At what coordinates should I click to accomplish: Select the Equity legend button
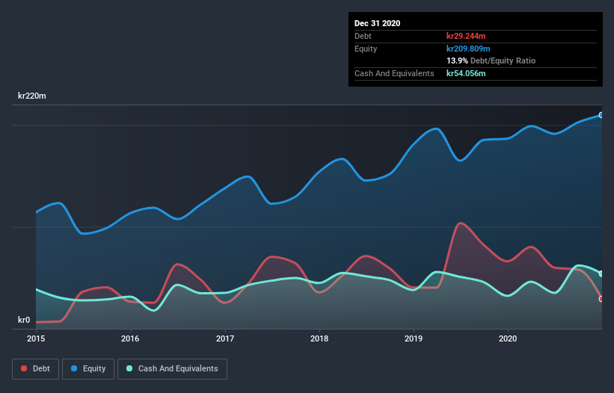pyautogui.click(x=88, y=368)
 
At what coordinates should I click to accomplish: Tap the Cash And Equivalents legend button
pyautogui.click(x=172, y=368)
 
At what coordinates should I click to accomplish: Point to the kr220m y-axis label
pyautogui.click(x=34, y=96)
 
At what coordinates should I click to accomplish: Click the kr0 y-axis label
pyautogui.click(x=25, y=321)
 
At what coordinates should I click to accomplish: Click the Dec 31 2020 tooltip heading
pyautogui.click(x=378, y=23)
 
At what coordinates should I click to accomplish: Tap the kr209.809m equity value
pyautogui.click(x=468, y=49)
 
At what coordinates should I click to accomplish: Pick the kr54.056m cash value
pyautogui.click(x=466, y=73)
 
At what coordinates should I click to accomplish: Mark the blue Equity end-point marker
pyautogui.click(x=601, y=115)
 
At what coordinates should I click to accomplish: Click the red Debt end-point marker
pyautogui.click(x=601, y=299)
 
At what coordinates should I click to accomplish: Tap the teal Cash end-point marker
pyautogui.click(x=601, y=273)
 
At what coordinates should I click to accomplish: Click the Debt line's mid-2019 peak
pyautogui.click(x=459, y=223)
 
